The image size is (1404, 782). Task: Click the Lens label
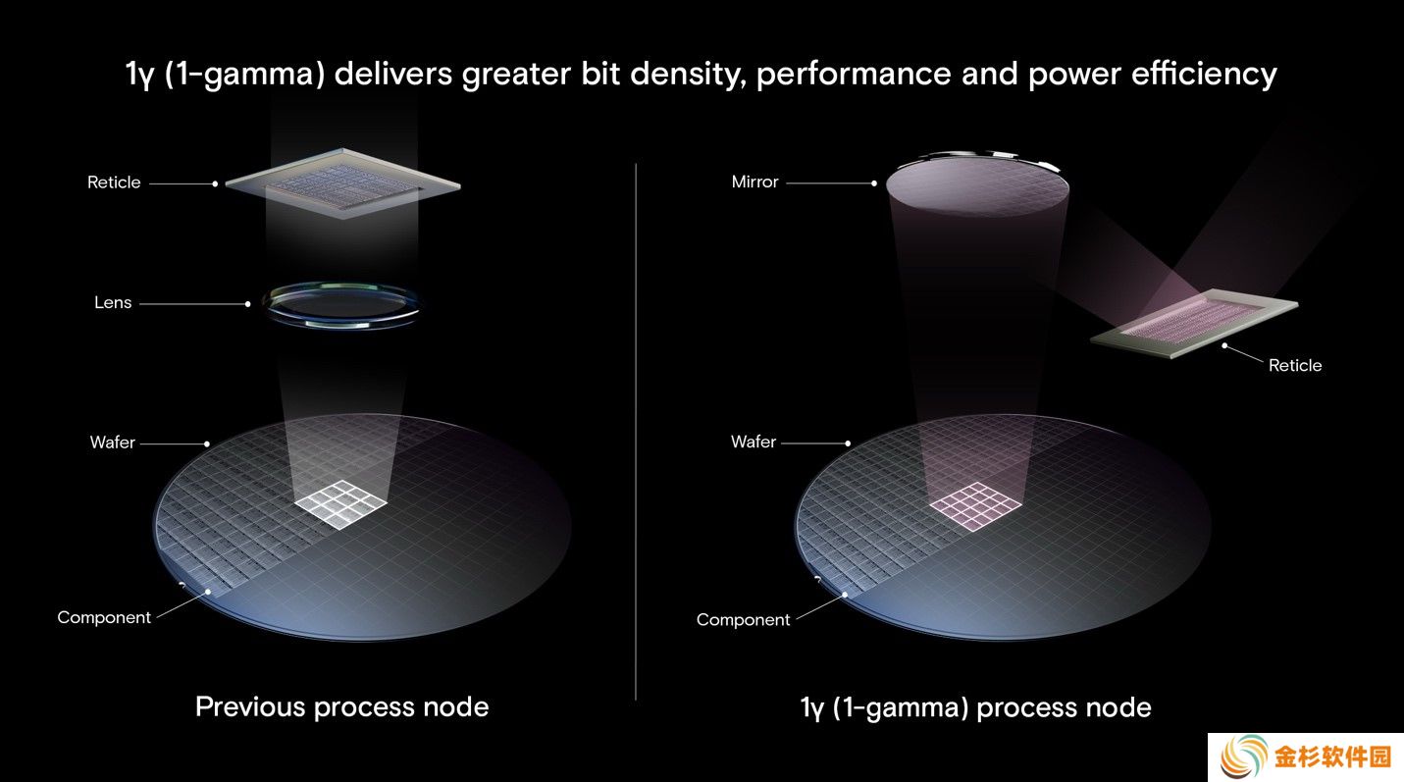click(x=113, y=302)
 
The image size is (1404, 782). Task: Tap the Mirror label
click(x=754, y=182)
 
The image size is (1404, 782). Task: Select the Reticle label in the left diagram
click(x=114, y=182)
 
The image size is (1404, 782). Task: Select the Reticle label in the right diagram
click(x=1295, y=365)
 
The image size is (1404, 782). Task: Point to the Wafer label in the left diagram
click(x=113, y=443)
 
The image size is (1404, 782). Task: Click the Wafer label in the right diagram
click(x=754, y=442)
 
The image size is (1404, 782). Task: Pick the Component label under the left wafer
click(x=104, y=618)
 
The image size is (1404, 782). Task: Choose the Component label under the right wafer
click(x=744, y=620)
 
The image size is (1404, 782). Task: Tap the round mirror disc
click(x=977, y=183)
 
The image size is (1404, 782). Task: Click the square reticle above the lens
click(x=342, y=183)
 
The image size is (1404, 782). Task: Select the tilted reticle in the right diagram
click(x=1195, y=323)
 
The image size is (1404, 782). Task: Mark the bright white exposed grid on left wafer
click(x=341, y=504)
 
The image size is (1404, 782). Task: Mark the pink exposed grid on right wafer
click(x=976, y=506)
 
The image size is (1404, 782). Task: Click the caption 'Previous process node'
click(x=341, y=707)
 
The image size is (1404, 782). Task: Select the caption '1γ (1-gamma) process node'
click(x=976, y=708)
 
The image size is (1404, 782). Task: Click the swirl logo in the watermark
click(x=1243, y=756)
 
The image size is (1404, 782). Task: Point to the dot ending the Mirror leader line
click(x=874, y=183)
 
